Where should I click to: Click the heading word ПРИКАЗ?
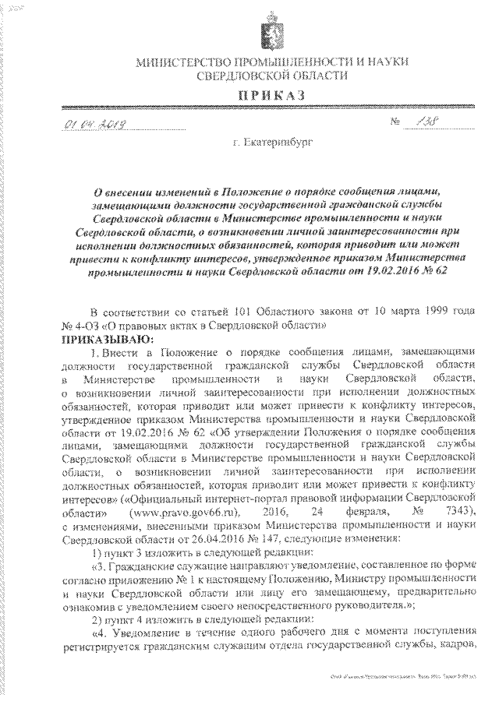pyautogui.click(x=251, y=95)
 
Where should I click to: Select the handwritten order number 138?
pyautogui.click(x=426, y=123)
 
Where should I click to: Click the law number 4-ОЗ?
pyautogui.click(x=83, y=328)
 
